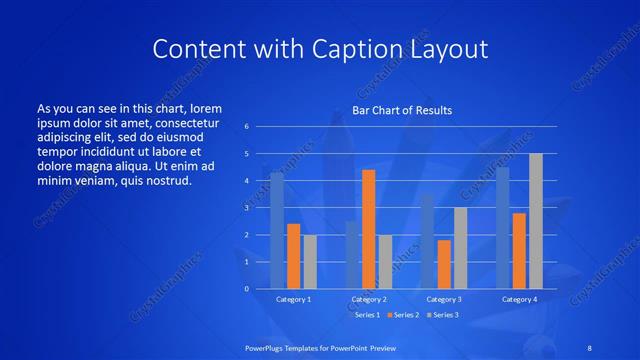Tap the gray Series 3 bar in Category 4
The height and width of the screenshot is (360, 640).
[x=536, y=221]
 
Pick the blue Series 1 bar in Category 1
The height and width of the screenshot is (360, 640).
[x=277, y=230]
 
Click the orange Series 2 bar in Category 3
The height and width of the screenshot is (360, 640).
[x=444, y=264]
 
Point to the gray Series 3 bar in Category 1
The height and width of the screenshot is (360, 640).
[x=310, y=261]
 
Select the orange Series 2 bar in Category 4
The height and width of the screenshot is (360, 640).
[x=519, y=250]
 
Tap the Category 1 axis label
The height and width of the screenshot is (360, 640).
[x=293, y=299]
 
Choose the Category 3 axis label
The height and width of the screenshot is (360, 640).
[x=444, y=299]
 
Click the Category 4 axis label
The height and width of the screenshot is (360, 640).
[x=519, y=299]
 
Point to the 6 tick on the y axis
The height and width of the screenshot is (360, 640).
[x=246, y=127]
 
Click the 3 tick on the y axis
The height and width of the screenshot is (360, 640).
[x=246, y=208]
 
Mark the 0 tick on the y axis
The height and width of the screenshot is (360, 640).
[x=246, y=289]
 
